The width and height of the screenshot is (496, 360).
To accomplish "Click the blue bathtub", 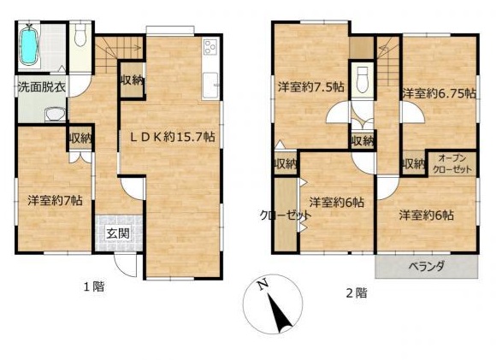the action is click(29, 46).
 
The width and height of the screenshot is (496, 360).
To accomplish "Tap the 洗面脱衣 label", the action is click(41, 87).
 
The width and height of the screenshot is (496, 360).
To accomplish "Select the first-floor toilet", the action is click(80, 37).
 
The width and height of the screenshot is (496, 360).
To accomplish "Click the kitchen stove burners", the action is click(210, 47).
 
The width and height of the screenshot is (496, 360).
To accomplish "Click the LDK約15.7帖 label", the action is click(174, 137).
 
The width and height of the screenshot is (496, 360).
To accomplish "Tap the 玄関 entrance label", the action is click(118, 233).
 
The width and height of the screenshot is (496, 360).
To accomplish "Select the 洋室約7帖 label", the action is click(55, 200).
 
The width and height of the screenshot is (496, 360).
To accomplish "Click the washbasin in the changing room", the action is click(56, 115).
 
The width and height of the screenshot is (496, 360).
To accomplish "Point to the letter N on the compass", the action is click(263, 286).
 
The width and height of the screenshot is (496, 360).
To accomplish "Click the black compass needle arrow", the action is click(280, 313).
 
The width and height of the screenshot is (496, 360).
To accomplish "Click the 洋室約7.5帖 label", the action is click(311, 86).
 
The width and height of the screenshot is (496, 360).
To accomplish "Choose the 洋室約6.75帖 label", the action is click(439, 93).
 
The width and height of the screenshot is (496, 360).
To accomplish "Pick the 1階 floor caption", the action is click(94, 286).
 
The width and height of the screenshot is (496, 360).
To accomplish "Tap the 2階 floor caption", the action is click(357, 293).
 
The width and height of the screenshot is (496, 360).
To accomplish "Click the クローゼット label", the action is click(286, 215).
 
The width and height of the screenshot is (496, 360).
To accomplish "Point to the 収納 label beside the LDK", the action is click(132, 81).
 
